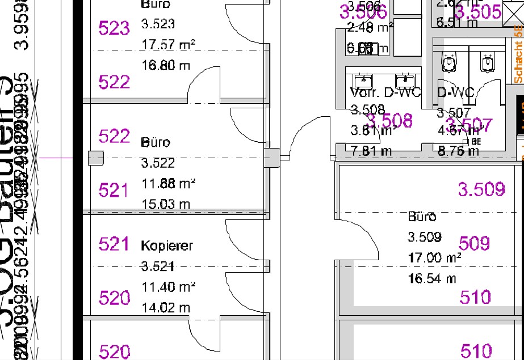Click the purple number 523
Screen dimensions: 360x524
[x=114, y=28]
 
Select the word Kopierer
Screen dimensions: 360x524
[x=167, y=246]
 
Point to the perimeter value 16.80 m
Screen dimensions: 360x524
[x=166, y=66]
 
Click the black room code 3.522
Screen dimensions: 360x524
[x=158, y=163]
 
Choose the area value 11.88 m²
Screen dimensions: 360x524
[x=169, y=184]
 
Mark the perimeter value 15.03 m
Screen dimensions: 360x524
[x=166, y=204]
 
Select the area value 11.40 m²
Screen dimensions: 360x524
[x=169, y=287]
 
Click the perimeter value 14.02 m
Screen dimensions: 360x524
[x=166, y=308]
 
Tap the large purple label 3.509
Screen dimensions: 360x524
[x=481, y=190]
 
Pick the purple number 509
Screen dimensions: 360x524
[x=474, y=244]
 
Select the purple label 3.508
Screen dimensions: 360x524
[x=389, y=121]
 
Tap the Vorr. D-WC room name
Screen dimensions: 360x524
[x=385, y=92]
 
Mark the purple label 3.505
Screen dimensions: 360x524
[x=478, y=12]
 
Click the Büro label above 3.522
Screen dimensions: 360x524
[x=155, y=142]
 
